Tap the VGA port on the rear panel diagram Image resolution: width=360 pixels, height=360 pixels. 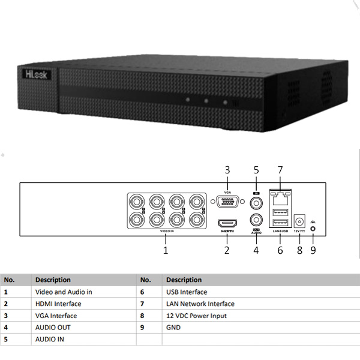(227, 202)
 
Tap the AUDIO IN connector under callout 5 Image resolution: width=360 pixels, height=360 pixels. (256, 203)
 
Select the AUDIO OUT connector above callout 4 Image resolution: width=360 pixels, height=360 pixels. (256, 220)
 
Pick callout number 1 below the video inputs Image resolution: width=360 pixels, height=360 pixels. (166, 251)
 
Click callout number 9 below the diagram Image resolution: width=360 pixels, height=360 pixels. (313, 251)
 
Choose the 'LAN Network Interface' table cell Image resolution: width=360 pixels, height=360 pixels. (200, 304)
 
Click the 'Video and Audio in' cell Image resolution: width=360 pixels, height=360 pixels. (64, 292)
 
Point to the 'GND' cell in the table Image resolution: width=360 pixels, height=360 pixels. (173, 328)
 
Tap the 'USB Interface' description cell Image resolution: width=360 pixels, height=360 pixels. (187, 292)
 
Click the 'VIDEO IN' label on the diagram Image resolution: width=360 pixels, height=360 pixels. (166, 231)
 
